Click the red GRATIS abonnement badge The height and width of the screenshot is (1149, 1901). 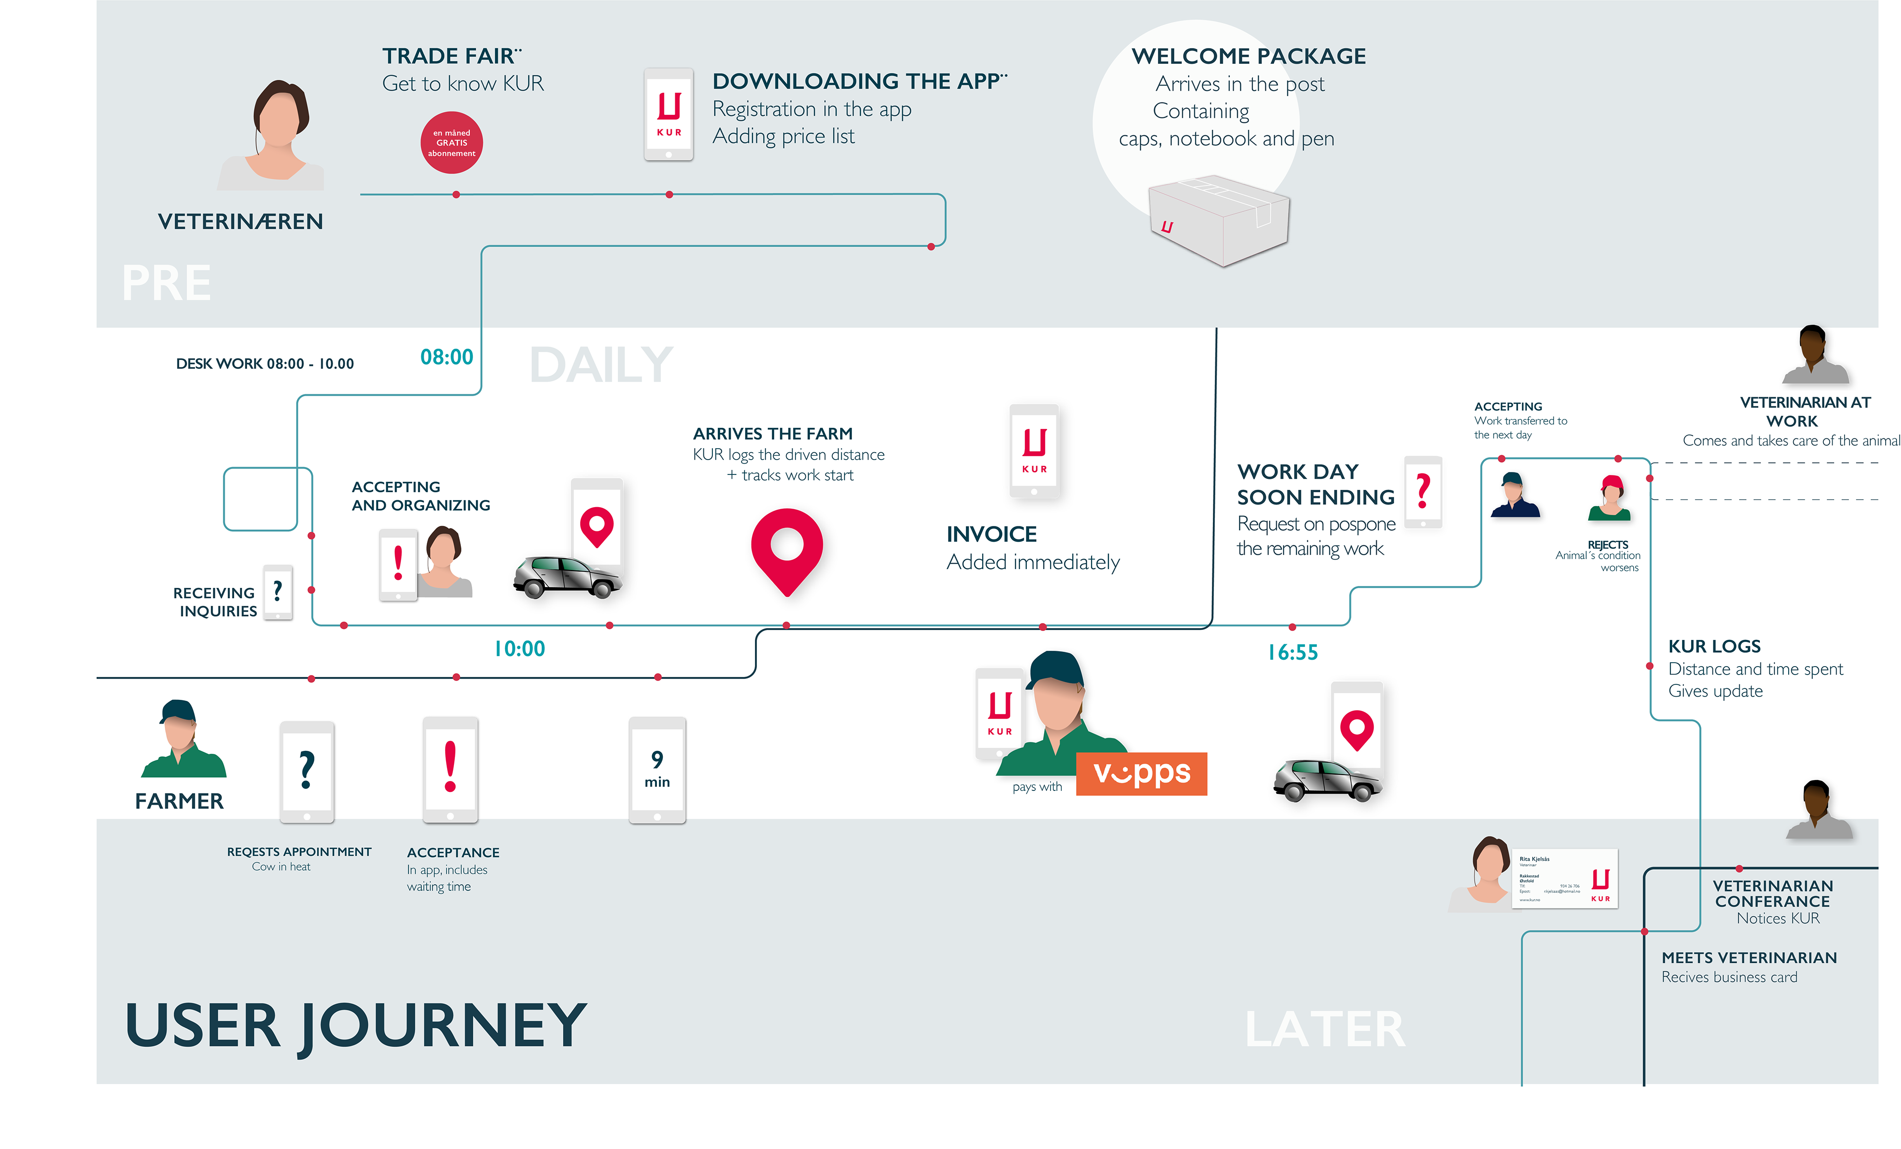pos(451,143)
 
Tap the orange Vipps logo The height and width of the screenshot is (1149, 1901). pos(1141,773)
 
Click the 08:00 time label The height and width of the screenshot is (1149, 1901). pos(447,357)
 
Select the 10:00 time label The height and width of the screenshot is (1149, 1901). pos(519,649)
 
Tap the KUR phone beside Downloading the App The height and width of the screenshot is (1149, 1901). pos(669,115)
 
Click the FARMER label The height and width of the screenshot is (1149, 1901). pos(179,801)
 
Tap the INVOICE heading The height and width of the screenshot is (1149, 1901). pos(992,534)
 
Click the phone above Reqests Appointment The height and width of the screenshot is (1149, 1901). pos(306,772)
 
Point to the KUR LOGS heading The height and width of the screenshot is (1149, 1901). pos(1714,647)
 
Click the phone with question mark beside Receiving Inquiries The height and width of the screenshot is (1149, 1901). pos(278,592)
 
